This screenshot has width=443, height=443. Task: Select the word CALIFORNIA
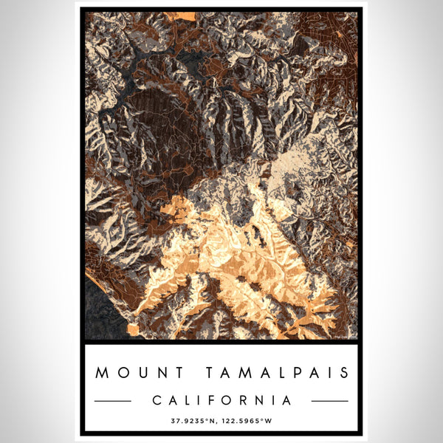tap(221, 400)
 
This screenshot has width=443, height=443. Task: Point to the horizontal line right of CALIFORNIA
tap(330, 401)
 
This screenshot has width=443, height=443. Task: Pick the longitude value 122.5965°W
tap(250, 421)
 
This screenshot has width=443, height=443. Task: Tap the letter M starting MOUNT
tap(100, 373)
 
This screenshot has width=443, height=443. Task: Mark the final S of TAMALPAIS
tap(345, 373)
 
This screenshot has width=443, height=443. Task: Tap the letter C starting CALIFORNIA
tap(156, 400)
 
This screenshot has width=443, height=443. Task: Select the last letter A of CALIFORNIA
tap(287, 400)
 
